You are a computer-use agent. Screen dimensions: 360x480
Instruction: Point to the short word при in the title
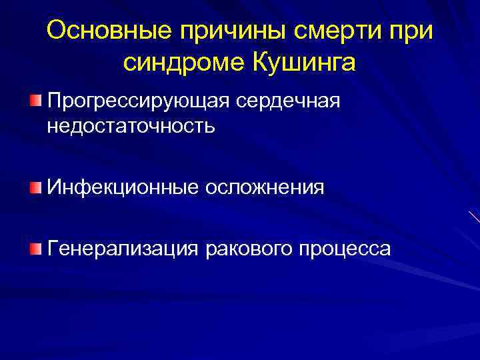[x=413, y=31]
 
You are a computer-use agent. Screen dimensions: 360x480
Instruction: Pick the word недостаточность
[x=131, y=125]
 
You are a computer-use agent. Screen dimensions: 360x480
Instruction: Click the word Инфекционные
[x=118, y=187]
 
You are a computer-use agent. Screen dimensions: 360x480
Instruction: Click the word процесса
[x=345, y=249]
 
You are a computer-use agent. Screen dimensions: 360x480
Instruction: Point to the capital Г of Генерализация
[x=52, y=249]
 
